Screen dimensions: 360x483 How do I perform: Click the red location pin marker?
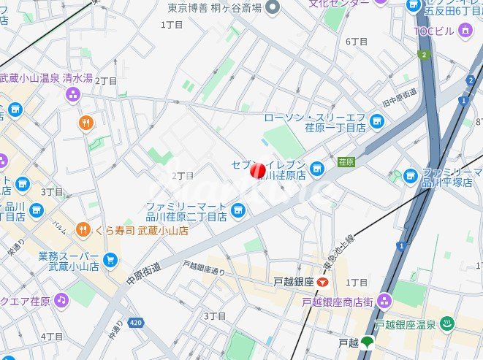click(x=257, y=170)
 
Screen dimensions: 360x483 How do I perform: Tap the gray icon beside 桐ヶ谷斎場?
click(x=273, y=7)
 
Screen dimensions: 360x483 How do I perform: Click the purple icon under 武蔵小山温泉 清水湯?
click(x=72, y=93)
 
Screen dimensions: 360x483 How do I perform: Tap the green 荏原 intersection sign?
click(x=346, y=161)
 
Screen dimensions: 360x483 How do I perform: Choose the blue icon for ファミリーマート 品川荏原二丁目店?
click(x=237, y=211)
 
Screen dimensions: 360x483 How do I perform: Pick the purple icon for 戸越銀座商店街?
click(x=384, y=301)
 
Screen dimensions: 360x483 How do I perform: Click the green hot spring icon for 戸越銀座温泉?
click(x=447, y=323)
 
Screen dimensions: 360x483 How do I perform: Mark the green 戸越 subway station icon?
click(x=366, y=341)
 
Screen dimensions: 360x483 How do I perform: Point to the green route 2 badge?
click(x=422, y=54)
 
